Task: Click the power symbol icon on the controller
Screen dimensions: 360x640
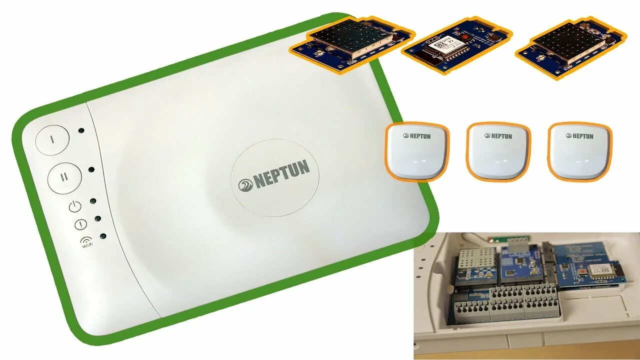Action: tap(74, 206)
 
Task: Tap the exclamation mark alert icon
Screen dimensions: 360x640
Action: tap(80, 225)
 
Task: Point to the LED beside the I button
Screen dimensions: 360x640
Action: tap(81, 130)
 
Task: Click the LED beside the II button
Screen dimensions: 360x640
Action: tap(91, 169)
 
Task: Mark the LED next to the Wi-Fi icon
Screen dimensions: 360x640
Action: tap(103, 236)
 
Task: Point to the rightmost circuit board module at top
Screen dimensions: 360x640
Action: tap(570, 46)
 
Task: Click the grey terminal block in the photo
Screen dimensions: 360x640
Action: tap(505, 302)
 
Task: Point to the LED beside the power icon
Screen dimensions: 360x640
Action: tap(93, 201)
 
